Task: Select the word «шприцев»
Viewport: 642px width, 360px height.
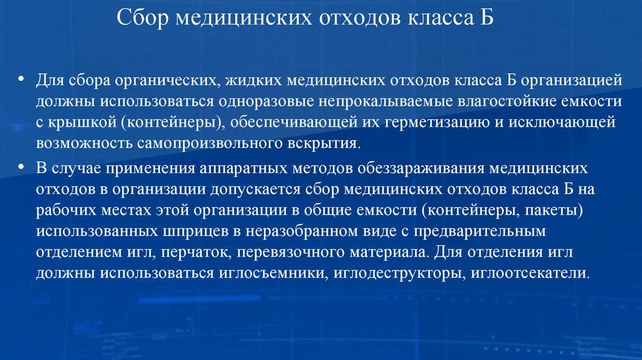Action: click(192, 231)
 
